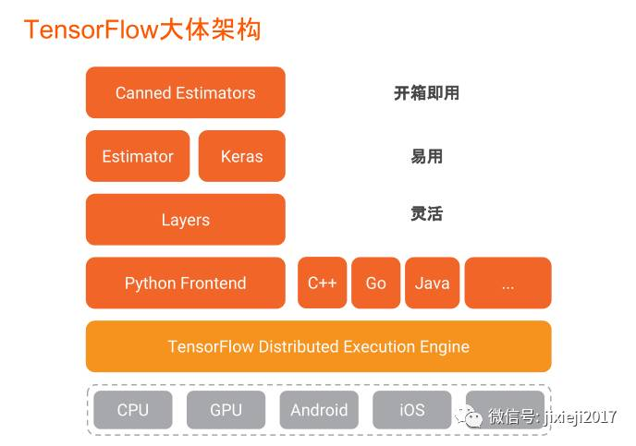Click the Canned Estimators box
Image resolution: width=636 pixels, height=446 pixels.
click(185, 92)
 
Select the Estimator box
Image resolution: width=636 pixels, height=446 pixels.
click(138, 156)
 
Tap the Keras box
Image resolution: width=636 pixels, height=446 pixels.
click(241, 156)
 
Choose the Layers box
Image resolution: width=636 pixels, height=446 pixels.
click(185, 220)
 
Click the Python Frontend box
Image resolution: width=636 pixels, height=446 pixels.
click(185, 283)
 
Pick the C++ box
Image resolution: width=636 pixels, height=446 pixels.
click(322, 283)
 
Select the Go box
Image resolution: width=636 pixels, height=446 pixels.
click(375, 283)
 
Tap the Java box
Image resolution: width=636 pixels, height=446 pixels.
click(432, 283)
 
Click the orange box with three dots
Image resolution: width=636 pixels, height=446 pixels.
click(508, 283)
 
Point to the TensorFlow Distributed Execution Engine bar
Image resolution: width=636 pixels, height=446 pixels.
click(318, 346)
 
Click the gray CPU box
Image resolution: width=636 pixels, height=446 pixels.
click(133, 410)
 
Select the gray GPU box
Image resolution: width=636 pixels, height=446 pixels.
click(226, 410)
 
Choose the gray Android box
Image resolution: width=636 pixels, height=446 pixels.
click(319, 410)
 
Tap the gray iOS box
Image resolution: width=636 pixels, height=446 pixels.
click(411, 410)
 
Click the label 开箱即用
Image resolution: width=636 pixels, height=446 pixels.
click(426, 92)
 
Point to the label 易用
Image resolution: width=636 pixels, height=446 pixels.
click(426, 156)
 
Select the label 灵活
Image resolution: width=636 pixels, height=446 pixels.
click(426, 214)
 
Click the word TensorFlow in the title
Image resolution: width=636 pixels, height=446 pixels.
click(82, 30)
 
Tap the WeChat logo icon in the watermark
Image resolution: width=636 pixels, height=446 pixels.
click(473, 418)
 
